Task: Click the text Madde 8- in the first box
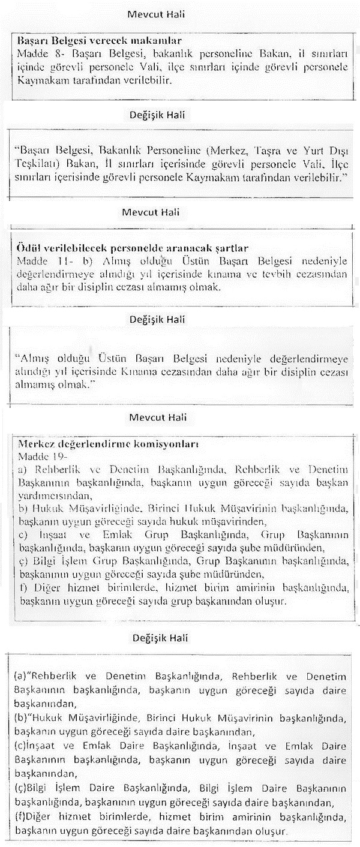coord(34,53)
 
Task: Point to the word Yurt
coord(316,149)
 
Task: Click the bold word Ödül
coord(27,247)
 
